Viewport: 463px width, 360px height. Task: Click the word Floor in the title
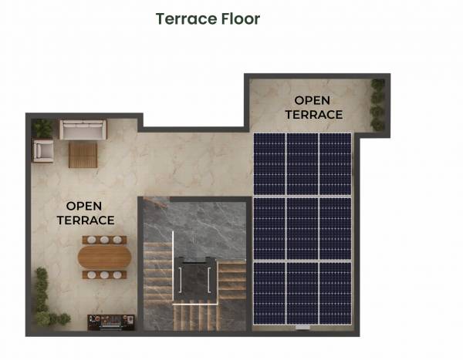[x=241, y=19]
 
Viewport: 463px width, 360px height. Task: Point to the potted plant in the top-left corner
[x=43, y=127]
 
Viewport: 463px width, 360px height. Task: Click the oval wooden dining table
[x=103, y=256]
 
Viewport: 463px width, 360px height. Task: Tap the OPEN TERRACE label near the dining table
[x=86, y=213]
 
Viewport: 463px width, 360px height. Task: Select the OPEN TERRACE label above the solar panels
[x=313, y=107]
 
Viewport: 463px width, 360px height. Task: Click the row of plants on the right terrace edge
[x=377, y=104]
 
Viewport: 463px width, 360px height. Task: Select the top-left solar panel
[x=269, y=164]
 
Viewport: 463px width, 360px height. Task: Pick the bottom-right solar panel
[x=335, y=293]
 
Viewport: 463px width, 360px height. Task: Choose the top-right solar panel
[x=335, y=164]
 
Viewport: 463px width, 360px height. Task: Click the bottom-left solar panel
[x=269, y=293]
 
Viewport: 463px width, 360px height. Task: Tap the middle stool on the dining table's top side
[x=103, y=240]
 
